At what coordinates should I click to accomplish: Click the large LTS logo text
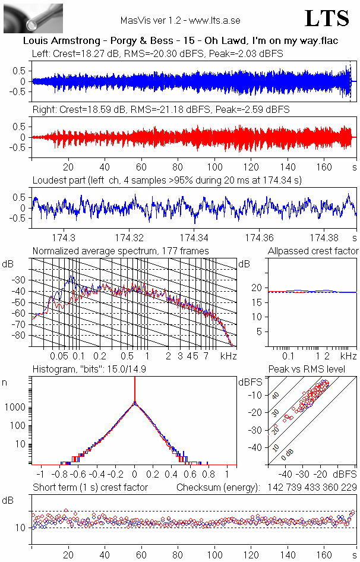[x=327, y=18]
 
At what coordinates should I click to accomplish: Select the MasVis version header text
[x=180, y=21]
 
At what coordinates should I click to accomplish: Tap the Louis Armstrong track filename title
[x=179, y=42]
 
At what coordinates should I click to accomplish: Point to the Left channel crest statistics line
[x=157, y=53]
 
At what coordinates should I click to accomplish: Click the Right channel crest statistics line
[x=160, y=110]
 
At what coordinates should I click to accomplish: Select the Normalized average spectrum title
[x=121, y=251]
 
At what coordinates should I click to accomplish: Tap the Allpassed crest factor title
[x=313, y=251]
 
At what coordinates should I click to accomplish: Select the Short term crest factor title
[x=90, y=488]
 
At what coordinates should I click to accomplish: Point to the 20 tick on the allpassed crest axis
[x=257, y=288]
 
